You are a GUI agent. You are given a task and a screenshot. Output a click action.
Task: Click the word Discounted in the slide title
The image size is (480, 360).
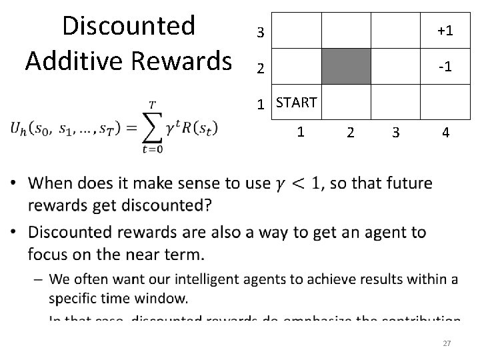coord(128,27)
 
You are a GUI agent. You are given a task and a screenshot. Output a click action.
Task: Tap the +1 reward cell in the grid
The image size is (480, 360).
coord(445,31)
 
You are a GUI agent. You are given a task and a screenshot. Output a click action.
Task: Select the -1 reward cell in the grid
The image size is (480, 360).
coord(445,67)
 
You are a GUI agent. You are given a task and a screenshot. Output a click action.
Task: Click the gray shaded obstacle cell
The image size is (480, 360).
coord(346,67)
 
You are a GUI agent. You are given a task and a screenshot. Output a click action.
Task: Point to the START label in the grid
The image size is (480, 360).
coord(296,103)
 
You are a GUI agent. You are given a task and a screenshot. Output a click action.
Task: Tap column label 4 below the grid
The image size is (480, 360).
coord(445,133)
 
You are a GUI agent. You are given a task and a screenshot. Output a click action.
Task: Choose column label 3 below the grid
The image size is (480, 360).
coord(396,133)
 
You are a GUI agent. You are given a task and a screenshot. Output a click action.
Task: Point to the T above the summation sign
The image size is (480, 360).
coord(152,104)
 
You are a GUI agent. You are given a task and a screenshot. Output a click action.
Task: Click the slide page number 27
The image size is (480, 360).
coord(447,343)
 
